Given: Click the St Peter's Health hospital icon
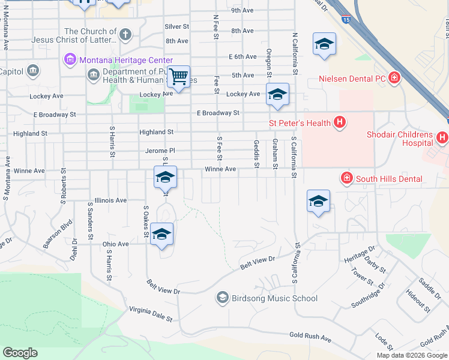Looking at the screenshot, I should (x=340, y=123).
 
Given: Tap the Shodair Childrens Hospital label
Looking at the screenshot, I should (x=400, y=139).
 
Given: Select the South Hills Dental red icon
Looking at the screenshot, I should (x=346, y=178).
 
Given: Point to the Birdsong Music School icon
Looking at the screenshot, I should (x=223, y=298).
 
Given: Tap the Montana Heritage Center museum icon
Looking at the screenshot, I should (x=70, y=60).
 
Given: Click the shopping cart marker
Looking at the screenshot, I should (x=178, y=77).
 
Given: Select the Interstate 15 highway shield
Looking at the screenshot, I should (x=346, y=20).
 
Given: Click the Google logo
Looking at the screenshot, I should (x=20, y=352).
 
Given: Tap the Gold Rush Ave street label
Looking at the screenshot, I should (x=310, y=337).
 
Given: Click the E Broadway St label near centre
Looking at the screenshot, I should (x=218, y=113).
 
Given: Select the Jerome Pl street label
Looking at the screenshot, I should (x=159, y=151).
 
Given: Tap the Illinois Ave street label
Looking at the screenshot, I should (x=111, y=200).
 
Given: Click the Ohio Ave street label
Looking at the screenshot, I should (x=116, y=244).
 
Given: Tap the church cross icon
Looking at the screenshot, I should (x=125, y=34).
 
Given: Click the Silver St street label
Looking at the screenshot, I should (x=177, y=26).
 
